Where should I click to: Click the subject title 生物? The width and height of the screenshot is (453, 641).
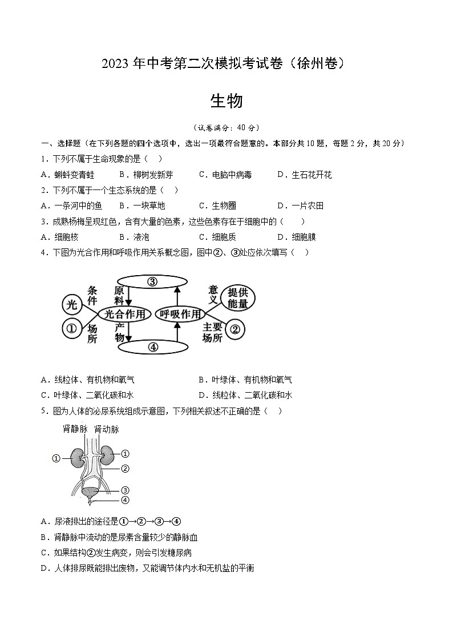(x=226, y=101)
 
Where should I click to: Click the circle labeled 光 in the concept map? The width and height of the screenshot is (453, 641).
(x=71, y=305)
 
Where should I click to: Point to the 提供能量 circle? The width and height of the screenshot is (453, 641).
(x=237, y=298)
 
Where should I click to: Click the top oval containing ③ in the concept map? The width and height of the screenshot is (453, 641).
(x=152, y=281)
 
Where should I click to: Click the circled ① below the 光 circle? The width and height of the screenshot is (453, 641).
(x=71, y=328)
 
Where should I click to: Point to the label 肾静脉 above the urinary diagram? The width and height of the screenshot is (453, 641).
(x=74, y=429)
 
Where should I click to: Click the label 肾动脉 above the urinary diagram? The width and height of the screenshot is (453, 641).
(x=106, y=429)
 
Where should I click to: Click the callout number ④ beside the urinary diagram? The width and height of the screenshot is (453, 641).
(x=126, y=500)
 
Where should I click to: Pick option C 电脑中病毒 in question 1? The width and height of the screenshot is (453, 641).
(x=225, y=175)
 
